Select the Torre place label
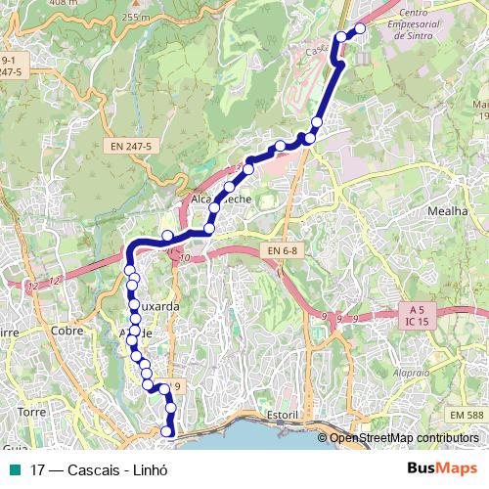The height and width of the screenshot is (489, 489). (31, 413)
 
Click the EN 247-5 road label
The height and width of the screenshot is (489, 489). (129, 147)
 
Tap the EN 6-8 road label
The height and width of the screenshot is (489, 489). (282, 252)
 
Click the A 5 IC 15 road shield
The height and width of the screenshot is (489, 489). (417, 314)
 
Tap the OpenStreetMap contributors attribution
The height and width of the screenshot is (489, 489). (404, 438)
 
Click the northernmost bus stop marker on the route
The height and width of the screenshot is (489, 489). (359, 28)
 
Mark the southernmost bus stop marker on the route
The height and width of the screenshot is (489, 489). (167, 431)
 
